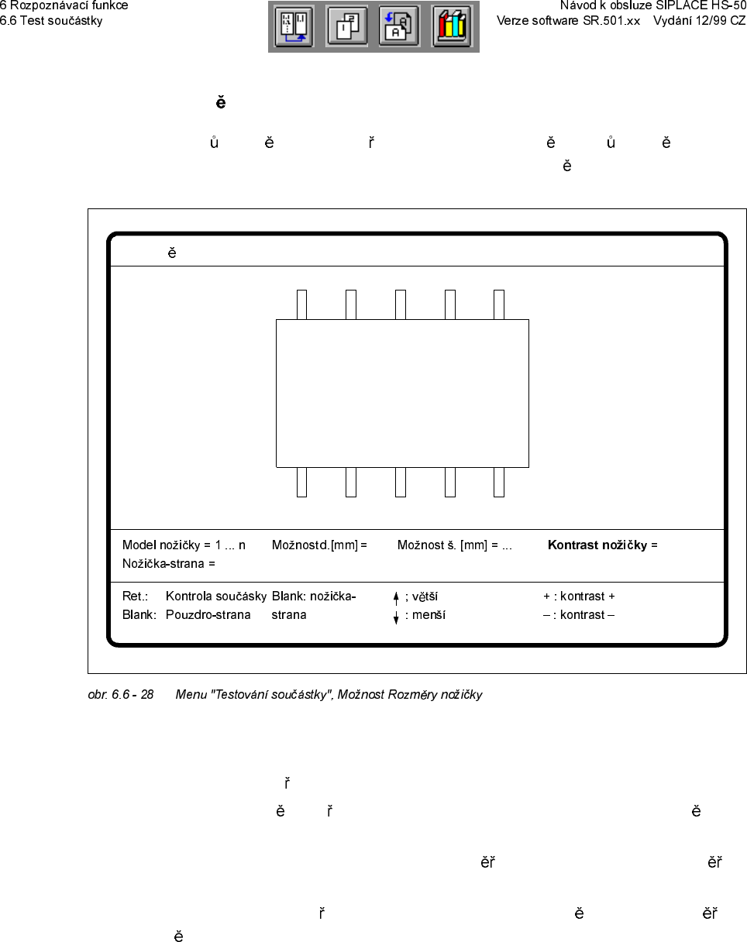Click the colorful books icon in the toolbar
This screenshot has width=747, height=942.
point(451,27)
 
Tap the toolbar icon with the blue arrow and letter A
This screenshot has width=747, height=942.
point(399,27)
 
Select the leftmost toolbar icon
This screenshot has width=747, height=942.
point(294,27)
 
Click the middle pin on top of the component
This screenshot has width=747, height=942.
point(400,304)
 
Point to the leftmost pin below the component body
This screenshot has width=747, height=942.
point(301,482)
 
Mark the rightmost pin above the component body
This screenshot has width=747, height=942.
point(499,304)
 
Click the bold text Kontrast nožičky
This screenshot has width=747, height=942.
point(597,545)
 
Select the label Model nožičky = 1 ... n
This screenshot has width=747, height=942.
point(184,545)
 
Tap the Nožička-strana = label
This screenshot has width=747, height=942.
point(168,564)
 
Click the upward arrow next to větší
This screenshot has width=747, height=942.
point(396,597)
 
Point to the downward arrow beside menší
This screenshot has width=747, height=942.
point(396,617)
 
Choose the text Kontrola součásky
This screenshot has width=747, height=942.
point(215,596)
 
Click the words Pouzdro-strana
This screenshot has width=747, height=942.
point(208,615)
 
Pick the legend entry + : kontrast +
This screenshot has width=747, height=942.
point(579,596)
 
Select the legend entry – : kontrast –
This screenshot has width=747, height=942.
point(579,615)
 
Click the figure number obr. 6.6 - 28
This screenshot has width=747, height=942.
point(120,695)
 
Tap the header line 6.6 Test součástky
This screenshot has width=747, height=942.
point(51,20)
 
